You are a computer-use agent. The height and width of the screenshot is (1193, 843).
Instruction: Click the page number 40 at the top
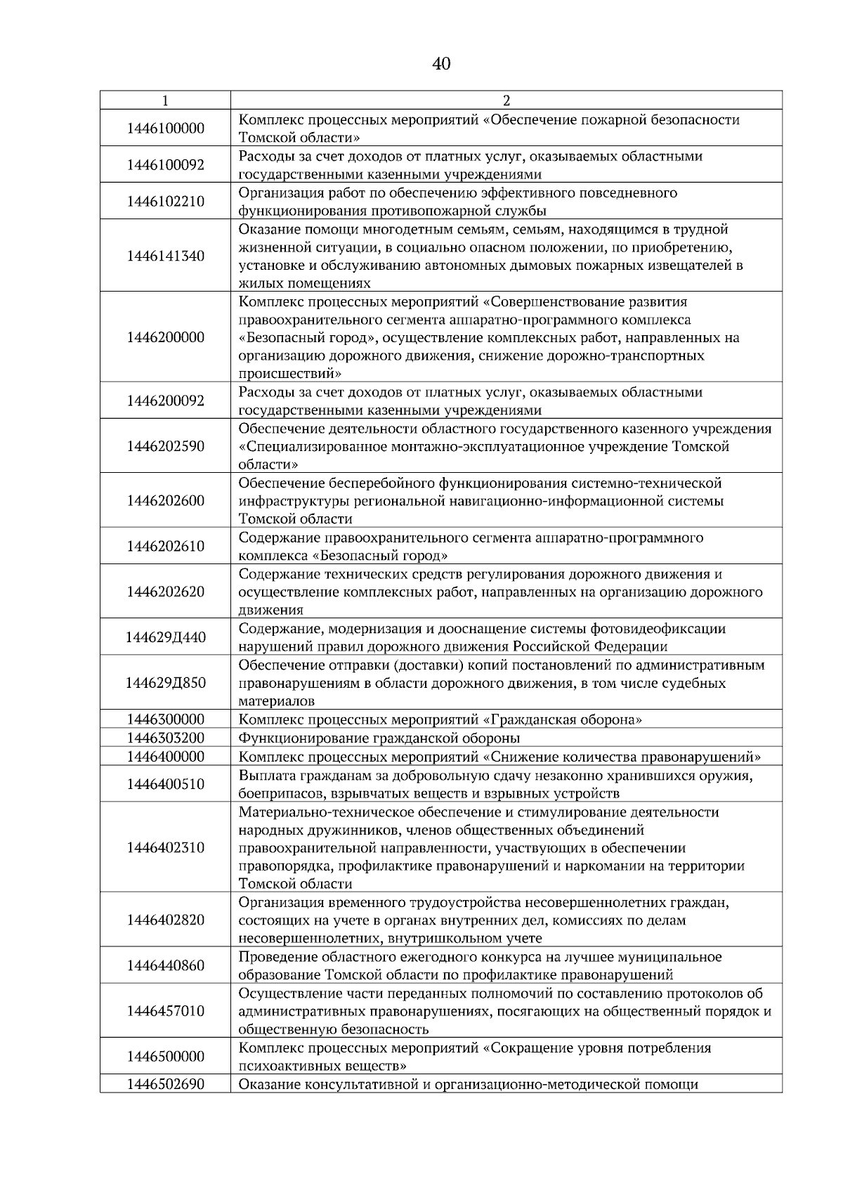tap(441, 65)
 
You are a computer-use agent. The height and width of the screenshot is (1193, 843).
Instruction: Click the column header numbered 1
tap(165, 100)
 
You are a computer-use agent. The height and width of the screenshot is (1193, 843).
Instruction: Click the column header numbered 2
tap(507, 100)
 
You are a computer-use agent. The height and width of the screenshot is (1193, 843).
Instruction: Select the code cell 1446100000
tap(166, 129)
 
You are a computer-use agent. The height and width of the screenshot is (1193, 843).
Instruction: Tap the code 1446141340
tap(166, 256)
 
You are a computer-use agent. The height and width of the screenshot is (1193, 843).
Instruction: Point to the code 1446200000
tap(166, 337)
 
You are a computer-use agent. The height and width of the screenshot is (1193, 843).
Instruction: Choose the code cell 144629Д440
tap(166, 637)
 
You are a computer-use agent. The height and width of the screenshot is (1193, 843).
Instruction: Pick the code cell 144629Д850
tap(166, 683)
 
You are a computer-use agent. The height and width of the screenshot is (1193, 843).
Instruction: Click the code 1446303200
tap(166, 738)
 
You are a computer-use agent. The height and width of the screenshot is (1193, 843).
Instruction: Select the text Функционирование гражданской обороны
tap(379, 738)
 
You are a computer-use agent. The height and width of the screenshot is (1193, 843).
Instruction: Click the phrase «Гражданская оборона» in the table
tap(563, 719)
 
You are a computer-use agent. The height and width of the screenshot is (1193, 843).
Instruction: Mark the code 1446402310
tap(166, 847)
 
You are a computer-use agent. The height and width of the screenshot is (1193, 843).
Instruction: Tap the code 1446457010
tap(166, 1011)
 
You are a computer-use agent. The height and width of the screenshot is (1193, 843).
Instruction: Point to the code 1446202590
tap(166, 446)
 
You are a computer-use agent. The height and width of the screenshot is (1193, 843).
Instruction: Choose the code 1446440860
tap(166, 965)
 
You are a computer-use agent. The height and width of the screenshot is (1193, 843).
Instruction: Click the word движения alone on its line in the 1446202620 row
tap(271, 610)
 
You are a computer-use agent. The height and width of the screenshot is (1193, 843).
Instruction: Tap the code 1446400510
tap(166, 784)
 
